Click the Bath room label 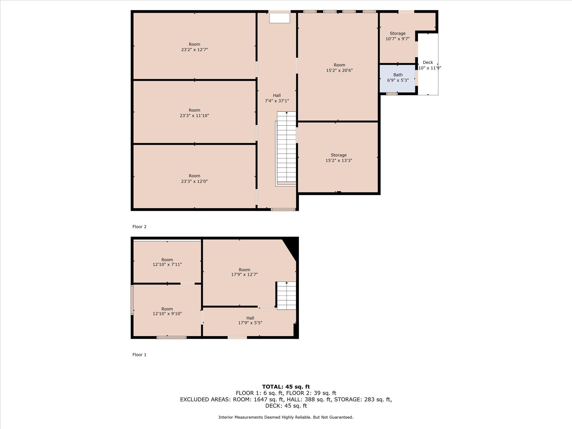[x=398, y=75]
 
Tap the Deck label [x=428, y=62]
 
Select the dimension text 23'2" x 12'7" [x=194, y=50]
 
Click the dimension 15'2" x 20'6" [x=339, y=70]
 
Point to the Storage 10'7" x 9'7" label [x=398, y=36]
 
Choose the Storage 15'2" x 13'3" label [x=339, y=158]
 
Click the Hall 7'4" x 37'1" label [x=277, y=98]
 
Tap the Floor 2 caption [x=139, y=227]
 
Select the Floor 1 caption [x=139, y=355]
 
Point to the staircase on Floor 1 [x=286, y=295]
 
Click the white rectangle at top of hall [x=280, y=18]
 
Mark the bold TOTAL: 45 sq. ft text [x=286, y=387]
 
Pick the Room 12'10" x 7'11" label [x=167, y=262]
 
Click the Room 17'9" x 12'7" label [x=245, y=272]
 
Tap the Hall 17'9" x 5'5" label [x=250, y=320]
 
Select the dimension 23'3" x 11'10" [x=194, y=116]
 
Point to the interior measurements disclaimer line [x=286, y=417]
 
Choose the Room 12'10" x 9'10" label [x=167, y=311]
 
